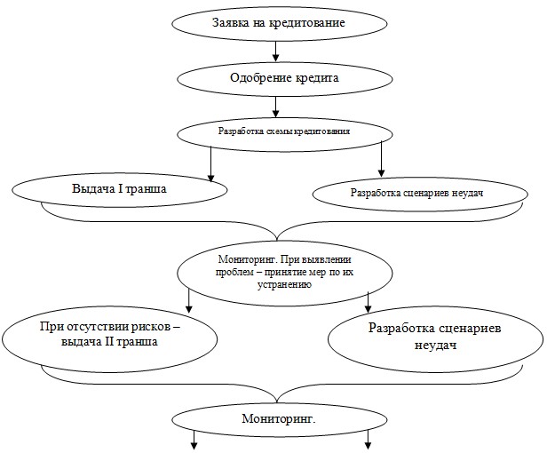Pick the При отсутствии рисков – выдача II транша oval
(x=110, y=334)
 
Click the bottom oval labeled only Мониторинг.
(x=279, y=417)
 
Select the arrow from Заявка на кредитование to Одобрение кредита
(x=275, y=52)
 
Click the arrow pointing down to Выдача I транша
(x=210, y=164)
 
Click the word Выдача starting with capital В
(x=93, y=190)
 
